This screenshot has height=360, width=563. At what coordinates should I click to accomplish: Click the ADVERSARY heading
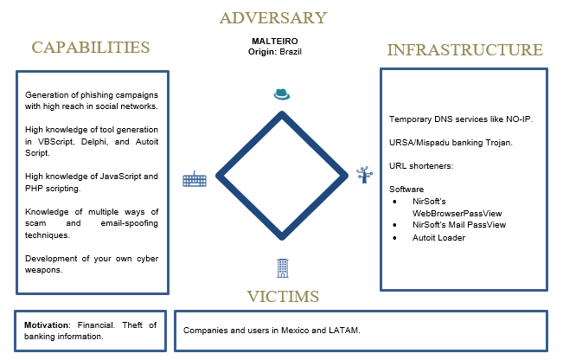pyautogui.click(x=273, y=18)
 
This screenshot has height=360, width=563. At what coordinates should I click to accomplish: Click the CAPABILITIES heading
pyautogui.click(x=91, y=48)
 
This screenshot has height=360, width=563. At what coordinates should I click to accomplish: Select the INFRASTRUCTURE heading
pyautogui.click(x=465, y=50)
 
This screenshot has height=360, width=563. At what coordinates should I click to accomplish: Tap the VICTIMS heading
pyautogui.click(x=283, y=297)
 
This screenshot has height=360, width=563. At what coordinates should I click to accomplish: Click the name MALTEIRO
pyautogui.click(x=275, y=42)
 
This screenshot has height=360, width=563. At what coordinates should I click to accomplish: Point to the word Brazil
pyautogui.click(x=291, y=52)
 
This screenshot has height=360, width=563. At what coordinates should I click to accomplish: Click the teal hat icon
pyautogui.click(x=282, y=94)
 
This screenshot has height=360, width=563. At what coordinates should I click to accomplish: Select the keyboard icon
pyautogui.click(x=195, y=179)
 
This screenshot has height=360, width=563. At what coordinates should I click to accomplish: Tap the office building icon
pyautogui.click(x=283, y=268)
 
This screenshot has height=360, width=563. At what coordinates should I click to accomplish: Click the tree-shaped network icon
pyautogui.click(x=364, y=175)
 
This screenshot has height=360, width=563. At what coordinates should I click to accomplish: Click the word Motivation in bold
pyautogui.click(x=47, y=325)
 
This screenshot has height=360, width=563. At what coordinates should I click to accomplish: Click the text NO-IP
pyautogui.click(x=519, y=119)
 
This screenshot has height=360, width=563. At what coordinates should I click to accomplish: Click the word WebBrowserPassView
pyautogui.click(x=457, y=214)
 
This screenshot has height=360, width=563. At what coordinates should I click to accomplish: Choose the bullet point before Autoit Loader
pyautogui.click(x=395, y=238)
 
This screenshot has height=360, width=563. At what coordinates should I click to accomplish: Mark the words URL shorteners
pyautogui.click(x=421, y=166)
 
